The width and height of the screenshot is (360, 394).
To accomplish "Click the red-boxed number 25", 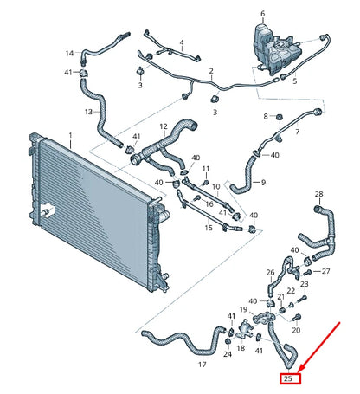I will (x=288, y=378).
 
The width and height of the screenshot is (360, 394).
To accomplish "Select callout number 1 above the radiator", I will (x=71, y=136).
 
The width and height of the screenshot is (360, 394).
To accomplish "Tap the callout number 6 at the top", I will (x=264, y=15).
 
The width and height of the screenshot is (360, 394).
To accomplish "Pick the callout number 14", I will (x=69, y=54).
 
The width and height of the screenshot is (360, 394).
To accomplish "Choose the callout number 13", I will (x=88, y=112).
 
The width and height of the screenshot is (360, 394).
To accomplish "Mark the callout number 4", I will (x=182, y=42).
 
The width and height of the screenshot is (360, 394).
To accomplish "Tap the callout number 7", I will (x=297, y=132).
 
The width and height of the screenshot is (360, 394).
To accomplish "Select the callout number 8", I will (x=267, y=116).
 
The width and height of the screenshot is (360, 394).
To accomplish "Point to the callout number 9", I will (x=263, y=183).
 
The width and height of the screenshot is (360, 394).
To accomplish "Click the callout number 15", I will (x=208, y=228).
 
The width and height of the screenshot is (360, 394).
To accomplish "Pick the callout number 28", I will (x=318, y=194).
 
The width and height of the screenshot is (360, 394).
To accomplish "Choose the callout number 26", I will (x=269, y=272).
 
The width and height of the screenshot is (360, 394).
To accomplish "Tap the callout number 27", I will (x=325, y=271).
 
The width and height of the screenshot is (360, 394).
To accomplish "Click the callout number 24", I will (x=228, y=353).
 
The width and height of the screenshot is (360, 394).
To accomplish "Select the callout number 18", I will (x=241, y=348).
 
